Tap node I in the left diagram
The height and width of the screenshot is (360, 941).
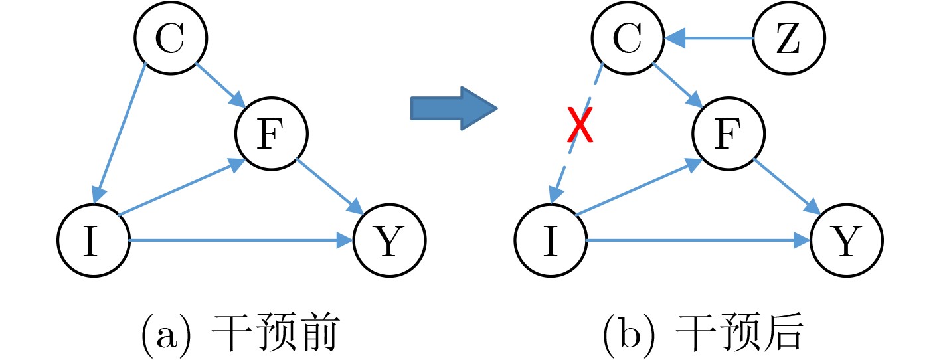click(x=93, y=241)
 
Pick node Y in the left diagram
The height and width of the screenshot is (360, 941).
click(x=389, y=241)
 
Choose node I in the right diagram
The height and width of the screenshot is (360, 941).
click(x=551, y=241)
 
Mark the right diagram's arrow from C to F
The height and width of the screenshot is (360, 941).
click(x=678, y=85)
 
